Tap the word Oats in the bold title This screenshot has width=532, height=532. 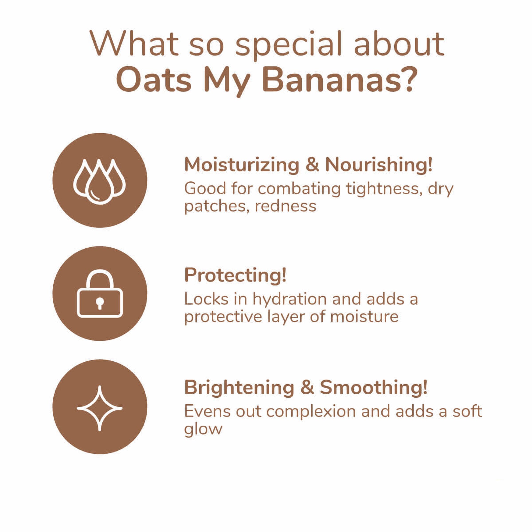coord(154,81)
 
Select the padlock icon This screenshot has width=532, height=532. coord(100,294)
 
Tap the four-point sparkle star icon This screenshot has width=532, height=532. coord(100,408)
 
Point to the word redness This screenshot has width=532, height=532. coord(285,206)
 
